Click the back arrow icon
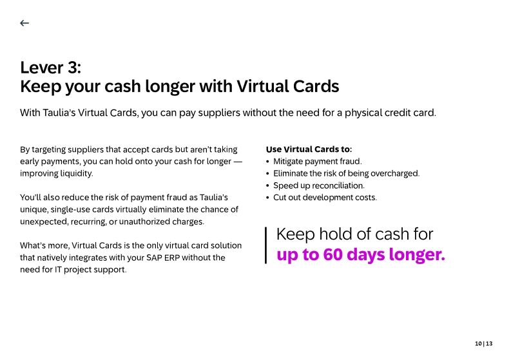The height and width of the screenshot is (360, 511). (24, 23)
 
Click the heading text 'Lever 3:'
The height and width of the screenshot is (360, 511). (50, 68)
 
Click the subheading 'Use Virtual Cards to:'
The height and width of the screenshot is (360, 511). (309, 149)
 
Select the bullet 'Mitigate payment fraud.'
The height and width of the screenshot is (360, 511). (317, 162)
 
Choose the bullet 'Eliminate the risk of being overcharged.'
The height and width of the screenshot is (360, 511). (346, 174)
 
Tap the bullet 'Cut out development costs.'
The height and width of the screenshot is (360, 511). (325, 198)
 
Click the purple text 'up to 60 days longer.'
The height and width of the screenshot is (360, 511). (360, 255)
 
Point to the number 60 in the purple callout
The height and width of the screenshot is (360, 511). (333, 255)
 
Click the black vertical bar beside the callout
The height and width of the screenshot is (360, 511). (265, 245)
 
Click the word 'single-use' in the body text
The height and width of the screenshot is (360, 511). (72, 210)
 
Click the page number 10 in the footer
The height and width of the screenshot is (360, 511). (478, 344)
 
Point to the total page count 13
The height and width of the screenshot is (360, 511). (489, 344)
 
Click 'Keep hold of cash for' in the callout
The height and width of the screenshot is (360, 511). (354, 234)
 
